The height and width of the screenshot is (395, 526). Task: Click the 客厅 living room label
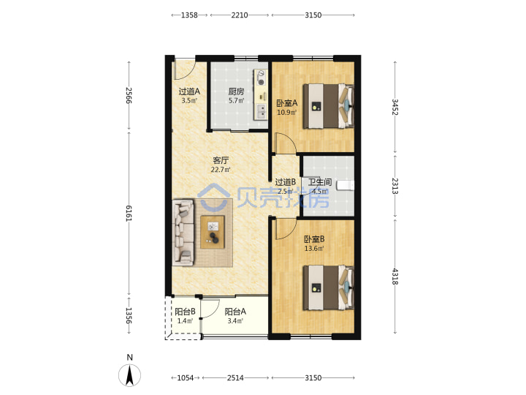coord(221,160)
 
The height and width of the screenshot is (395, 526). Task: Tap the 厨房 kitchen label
coord(236,91)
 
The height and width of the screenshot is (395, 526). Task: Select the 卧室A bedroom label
coord(287,103)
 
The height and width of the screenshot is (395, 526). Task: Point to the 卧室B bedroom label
coord(314,239)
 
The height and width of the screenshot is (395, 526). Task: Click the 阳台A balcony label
coord(235,312)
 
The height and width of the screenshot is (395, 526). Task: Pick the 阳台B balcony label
coord(185,312)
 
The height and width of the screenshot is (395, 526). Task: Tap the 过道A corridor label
coord(189,91)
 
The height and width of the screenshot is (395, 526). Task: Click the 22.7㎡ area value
coord(221,170)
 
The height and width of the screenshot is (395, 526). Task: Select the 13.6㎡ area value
coord(314,249)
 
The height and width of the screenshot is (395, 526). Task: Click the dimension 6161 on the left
coord(129,214)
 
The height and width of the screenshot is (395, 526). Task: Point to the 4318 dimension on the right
coord(395,276)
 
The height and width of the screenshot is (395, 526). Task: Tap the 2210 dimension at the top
coord(240,15)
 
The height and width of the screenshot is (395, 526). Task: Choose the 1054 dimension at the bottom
coord(186,378)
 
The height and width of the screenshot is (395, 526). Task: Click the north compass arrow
coord(130,375)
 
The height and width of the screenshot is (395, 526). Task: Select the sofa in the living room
coord(183,233)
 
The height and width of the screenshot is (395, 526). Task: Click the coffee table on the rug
coord(213,232)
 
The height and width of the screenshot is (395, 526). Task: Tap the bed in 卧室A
coord(329,106)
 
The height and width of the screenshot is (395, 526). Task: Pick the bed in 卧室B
coord(329,287)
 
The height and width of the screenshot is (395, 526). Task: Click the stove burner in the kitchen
coord(262,82)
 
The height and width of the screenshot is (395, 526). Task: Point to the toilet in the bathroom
coord(346,185)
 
